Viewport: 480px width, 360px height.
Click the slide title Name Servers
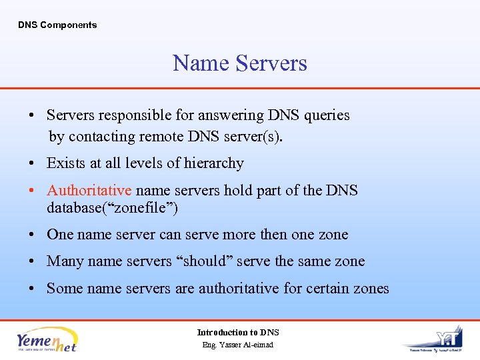pyautogui.click(x=240, y=63)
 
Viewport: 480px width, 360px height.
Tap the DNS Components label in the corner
pyautogui.click(x=57, y=25)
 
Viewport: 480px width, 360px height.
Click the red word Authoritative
pyautogui.click(x=89, y=191)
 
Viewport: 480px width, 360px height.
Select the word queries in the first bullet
pyautogui.click(x=327, y=115)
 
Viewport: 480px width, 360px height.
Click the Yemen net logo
pyautogui.click(x=47, y=339)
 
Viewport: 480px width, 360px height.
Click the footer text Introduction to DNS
pyautogui.click(x=238, y=332)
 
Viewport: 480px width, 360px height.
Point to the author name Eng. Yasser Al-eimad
pyautogui.click(x=238, y=345)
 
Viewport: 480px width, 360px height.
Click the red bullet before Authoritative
pyautogui.click(x=31, y=191)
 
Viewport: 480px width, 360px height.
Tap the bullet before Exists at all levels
pyautogui.click(x=31, y=164)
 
